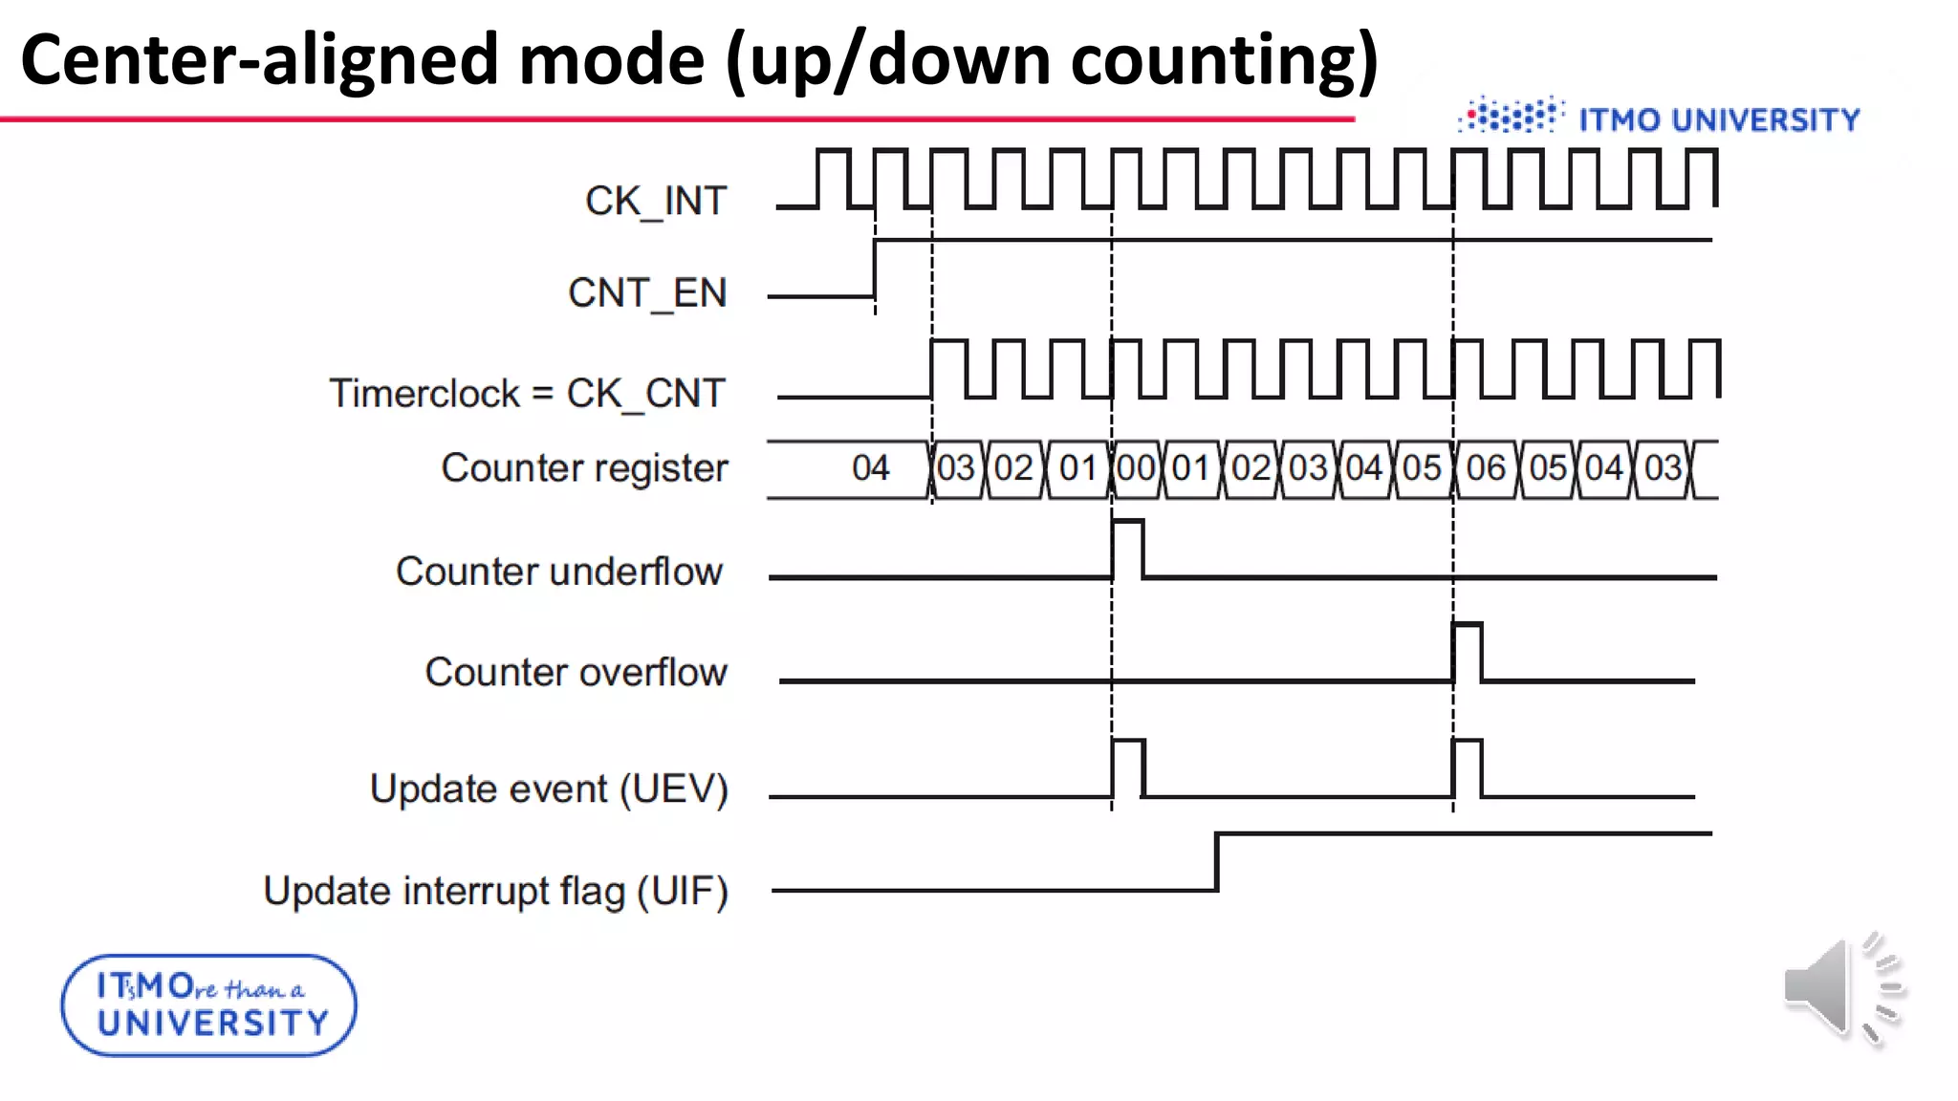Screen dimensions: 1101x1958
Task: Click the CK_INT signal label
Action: (656, 202)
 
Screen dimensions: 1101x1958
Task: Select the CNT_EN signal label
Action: (647, 293)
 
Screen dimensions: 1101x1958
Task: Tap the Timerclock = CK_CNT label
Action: (527, 394)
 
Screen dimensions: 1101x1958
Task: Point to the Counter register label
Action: (584, 468)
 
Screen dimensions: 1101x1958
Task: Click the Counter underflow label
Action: (559, 572)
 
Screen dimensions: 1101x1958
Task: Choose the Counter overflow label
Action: (576, 673)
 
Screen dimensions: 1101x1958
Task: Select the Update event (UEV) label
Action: (549, 789)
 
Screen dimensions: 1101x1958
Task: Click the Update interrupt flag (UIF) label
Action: (495, 892)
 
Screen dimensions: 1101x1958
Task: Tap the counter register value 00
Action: (1136, 468)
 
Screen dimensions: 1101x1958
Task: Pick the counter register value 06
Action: (1486, 468)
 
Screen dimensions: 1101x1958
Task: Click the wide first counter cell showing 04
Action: (870, 468)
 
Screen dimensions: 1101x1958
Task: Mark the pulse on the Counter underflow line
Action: (1127, 549)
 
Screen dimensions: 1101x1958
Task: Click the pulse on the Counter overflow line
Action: (1468, 651)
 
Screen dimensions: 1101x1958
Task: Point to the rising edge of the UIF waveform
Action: (1217, 862)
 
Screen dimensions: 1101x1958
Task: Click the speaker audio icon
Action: (1842, 989)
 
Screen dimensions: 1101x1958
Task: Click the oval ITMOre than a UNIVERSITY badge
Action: (208, 1005)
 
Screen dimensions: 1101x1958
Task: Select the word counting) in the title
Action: (1225, 60)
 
